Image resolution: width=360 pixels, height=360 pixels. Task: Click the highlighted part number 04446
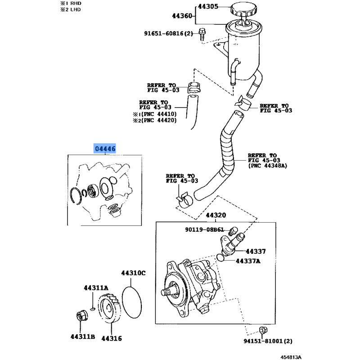point(104,148)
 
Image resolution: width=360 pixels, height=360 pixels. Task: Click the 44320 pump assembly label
point(216,216)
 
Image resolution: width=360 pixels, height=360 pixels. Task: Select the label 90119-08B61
point(204,229)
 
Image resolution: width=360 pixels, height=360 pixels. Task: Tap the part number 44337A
point(248,261)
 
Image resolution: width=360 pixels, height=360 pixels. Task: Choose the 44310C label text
point(133,273)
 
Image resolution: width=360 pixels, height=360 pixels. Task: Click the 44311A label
point(96,288)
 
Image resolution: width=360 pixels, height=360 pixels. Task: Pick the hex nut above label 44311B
point(81,316)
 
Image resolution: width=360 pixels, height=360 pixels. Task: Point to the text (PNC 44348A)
point(267,166)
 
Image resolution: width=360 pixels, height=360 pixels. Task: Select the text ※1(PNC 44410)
point(154,114)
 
